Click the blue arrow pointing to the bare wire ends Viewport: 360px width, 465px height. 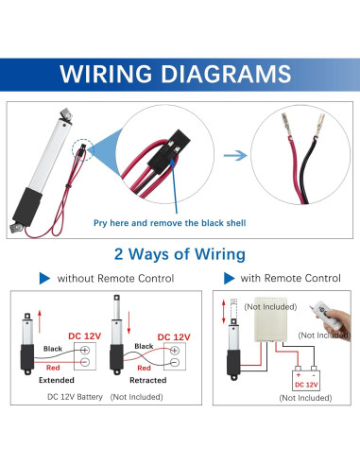(x=236, y=154)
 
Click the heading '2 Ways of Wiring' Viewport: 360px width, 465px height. (x=180, y=254)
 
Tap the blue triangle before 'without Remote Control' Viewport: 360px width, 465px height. (x=43, y=279)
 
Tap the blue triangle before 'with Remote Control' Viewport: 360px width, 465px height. (x=230, y=279)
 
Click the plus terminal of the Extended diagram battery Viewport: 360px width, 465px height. (x=86, y=349)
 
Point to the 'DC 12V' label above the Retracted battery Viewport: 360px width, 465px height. (x=177, y=336)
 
